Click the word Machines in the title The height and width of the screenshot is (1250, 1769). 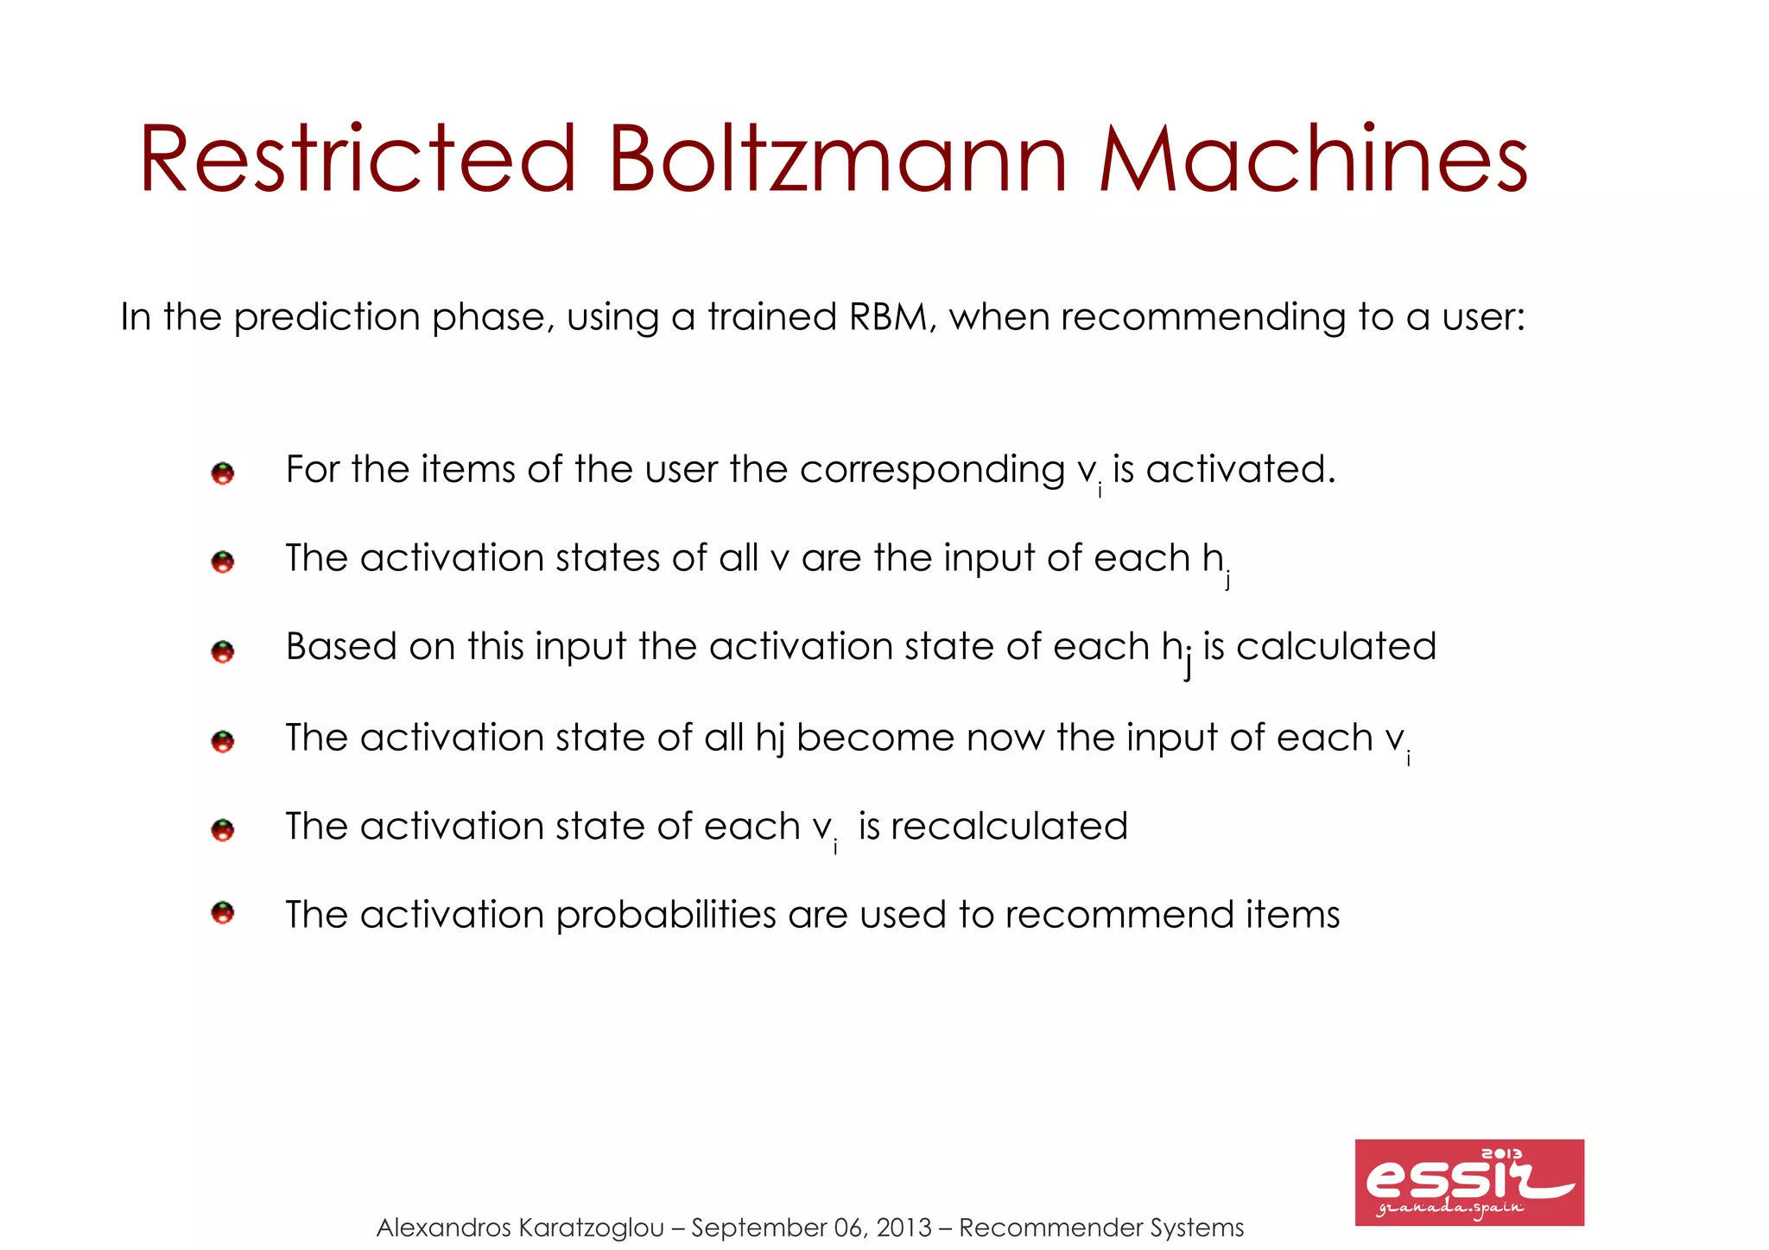pos(1313,160)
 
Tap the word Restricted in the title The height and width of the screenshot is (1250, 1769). pos(357,160)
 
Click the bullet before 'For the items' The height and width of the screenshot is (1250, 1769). pos(223,473)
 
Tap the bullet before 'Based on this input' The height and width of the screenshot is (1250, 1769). pos(223,650)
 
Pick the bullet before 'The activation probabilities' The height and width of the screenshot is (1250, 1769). pos(223,912)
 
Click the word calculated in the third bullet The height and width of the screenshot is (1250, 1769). pos(1336,647)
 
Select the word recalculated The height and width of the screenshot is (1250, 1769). pos(1009,827)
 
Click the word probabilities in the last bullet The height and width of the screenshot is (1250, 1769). pos(666,916)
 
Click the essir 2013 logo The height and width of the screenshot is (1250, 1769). pos(1468,1182)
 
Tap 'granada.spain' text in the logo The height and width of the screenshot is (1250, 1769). pos(1449,1209)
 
